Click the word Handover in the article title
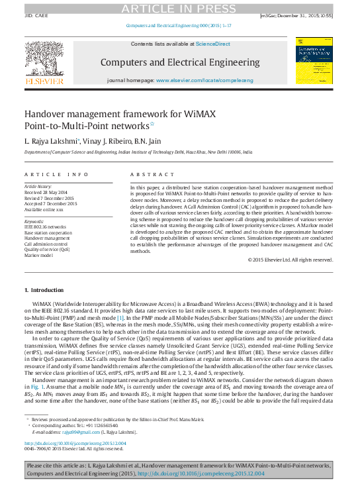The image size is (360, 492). pos(47,114)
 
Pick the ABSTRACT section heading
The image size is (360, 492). pos(144,175)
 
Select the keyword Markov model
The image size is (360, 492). pos(39,255)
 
